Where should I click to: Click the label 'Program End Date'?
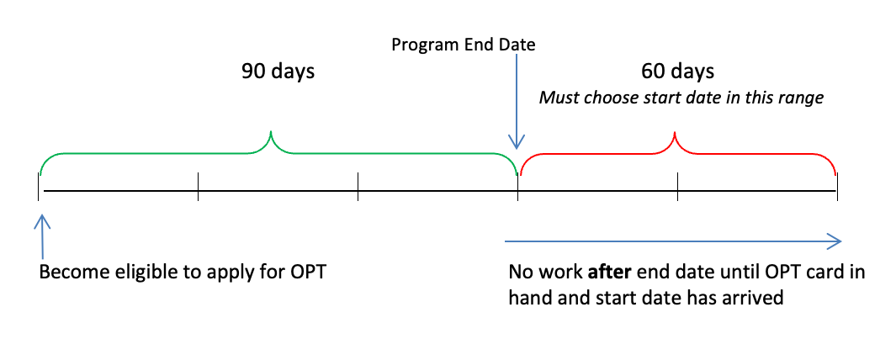click(463, 44)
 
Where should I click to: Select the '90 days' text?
click(278, 71)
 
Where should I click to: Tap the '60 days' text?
click(677, 71)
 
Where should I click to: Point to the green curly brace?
click(168, 153)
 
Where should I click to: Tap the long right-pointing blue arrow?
click(673, 241)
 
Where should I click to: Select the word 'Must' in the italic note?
click(557, 98)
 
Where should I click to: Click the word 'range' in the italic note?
click(801, 98)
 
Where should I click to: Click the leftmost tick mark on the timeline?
click(39, 187)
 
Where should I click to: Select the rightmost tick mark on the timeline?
click(837, 187)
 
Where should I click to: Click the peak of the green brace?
click(271, 135)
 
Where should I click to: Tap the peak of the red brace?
click(676, 135)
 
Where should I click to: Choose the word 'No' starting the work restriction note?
click(520, 274)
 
